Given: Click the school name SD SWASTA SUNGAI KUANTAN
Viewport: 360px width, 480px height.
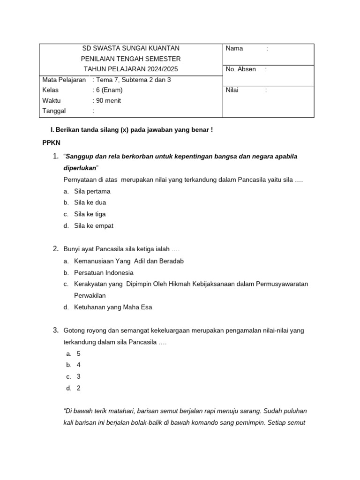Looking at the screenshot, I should (130, 48).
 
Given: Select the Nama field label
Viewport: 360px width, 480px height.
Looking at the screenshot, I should (234, 48).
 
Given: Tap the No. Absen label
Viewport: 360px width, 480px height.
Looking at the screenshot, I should (240, 69).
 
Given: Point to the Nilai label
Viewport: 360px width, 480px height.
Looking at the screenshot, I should (233, 90).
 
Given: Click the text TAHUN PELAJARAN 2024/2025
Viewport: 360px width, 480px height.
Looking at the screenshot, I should (130, 69).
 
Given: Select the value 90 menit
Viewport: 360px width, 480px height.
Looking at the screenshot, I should (108, 100).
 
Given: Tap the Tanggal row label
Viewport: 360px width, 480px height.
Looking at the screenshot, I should (54, 111).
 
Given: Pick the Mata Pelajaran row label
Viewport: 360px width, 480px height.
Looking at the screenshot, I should (64, 80).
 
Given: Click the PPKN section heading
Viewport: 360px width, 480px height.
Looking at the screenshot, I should (51, 142).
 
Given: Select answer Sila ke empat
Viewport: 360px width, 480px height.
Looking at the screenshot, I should (93, 226).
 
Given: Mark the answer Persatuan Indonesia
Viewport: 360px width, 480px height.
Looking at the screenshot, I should (104, 273).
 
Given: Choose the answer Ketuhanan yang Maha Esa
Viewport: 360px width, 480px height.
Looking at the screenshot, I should (113, 307).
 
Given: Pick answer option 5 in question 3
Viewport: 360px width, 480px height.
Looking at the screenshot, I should (79, 354).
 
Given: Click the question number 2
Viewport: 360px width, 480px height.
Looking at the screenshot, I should (55, 249).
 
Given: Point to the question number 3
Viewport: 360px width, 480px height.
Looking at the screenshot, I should (55, 330).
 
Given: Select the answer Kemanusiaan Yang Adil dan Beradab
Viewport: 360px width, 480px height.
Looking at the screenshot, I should (129, 261).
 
